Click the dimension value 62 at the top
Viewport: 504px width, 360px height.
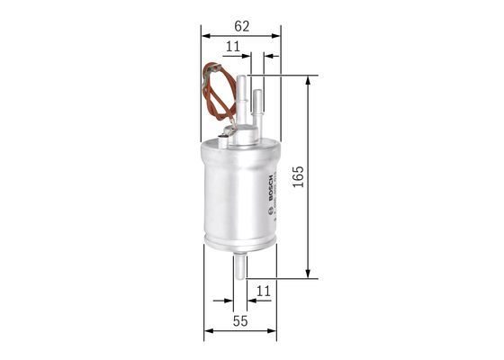pos(240,26)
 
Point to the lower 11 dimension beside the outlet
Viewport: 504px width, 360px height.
pos(263,291)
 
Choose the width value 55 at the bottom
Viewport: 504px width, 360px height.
pos(239,320)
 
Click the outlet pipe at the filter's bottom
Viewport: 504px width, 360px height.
pos(240,266)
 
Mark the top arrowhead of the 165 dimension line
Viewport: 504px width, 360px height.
pos(309,81)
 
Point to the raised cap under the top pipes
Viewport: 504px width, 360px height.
pos(245,137)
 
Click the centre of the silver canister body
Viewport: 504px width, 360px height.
pos(238,193)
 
